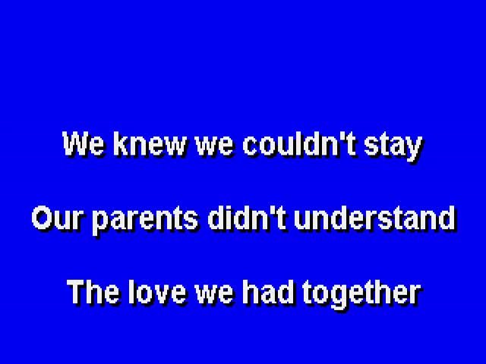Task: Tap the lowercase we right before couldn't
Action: coord(214,147)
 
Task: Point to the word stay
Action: coord(393,147)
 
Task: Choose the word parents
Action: coord(145,221)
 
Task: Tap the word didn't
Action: coord(246,218)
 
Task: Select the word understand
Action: coord(375,218)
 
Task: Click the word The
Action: coord(93,292)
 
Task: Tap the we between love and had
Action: coord(214,295)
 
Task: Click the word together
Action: coord(361,294)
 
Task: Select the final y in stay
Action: coord(414,150)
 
